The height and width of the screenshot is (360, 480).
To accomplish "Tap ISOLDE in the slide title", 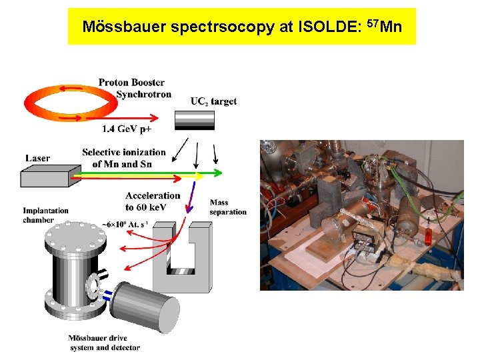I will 330,27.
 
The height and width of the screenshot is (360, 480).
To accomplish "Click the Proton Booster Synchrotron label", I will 133,88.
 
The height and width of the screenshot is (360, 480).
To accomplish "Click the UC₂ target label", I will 213,101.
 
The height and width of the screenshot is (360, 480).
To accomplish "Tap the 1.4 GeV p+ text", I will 127,128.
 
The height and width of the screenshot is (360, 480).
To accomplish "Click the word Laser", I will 37,159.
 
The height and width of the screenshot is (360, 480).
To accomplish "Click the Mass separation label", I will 227,207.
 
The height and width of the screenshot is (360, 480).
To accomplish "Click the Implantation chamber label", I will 45,215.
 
